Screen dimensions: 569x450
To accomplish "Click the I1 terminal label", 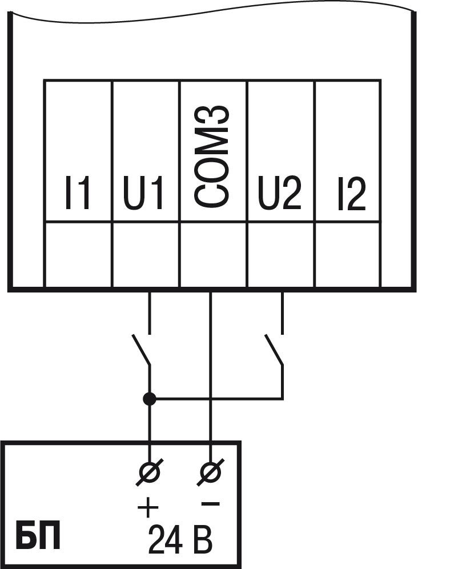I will [x=78, y=194].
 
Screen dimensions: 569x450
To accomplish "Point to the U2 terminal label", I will [x=279, y=194].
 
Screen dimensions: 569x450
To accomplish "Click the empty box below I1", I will [x=78, y=255].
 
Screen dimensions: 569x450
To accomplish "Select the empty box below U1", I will [x=146, y=255].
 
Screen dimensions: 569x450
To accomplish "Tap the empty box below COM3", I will [x=213, y=255].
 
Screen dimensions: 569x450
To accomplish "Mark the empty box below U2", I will [x=280, y=255].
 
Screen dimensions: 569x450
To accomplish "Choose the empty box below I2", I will [x=347, y=255].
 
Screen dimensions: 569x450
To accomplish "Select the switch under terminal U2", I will [x=274, y=348].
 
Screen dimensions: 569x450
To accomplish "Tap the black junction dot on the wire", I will [x=150, y=399].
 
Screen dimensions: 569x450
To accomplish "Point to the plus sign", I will [x=148, y=506].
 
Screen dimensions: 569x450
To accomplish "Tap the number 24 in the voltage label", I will [x=166, y=540].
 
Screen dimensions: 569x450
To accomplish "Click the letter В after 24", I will [x=203, y=540].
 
